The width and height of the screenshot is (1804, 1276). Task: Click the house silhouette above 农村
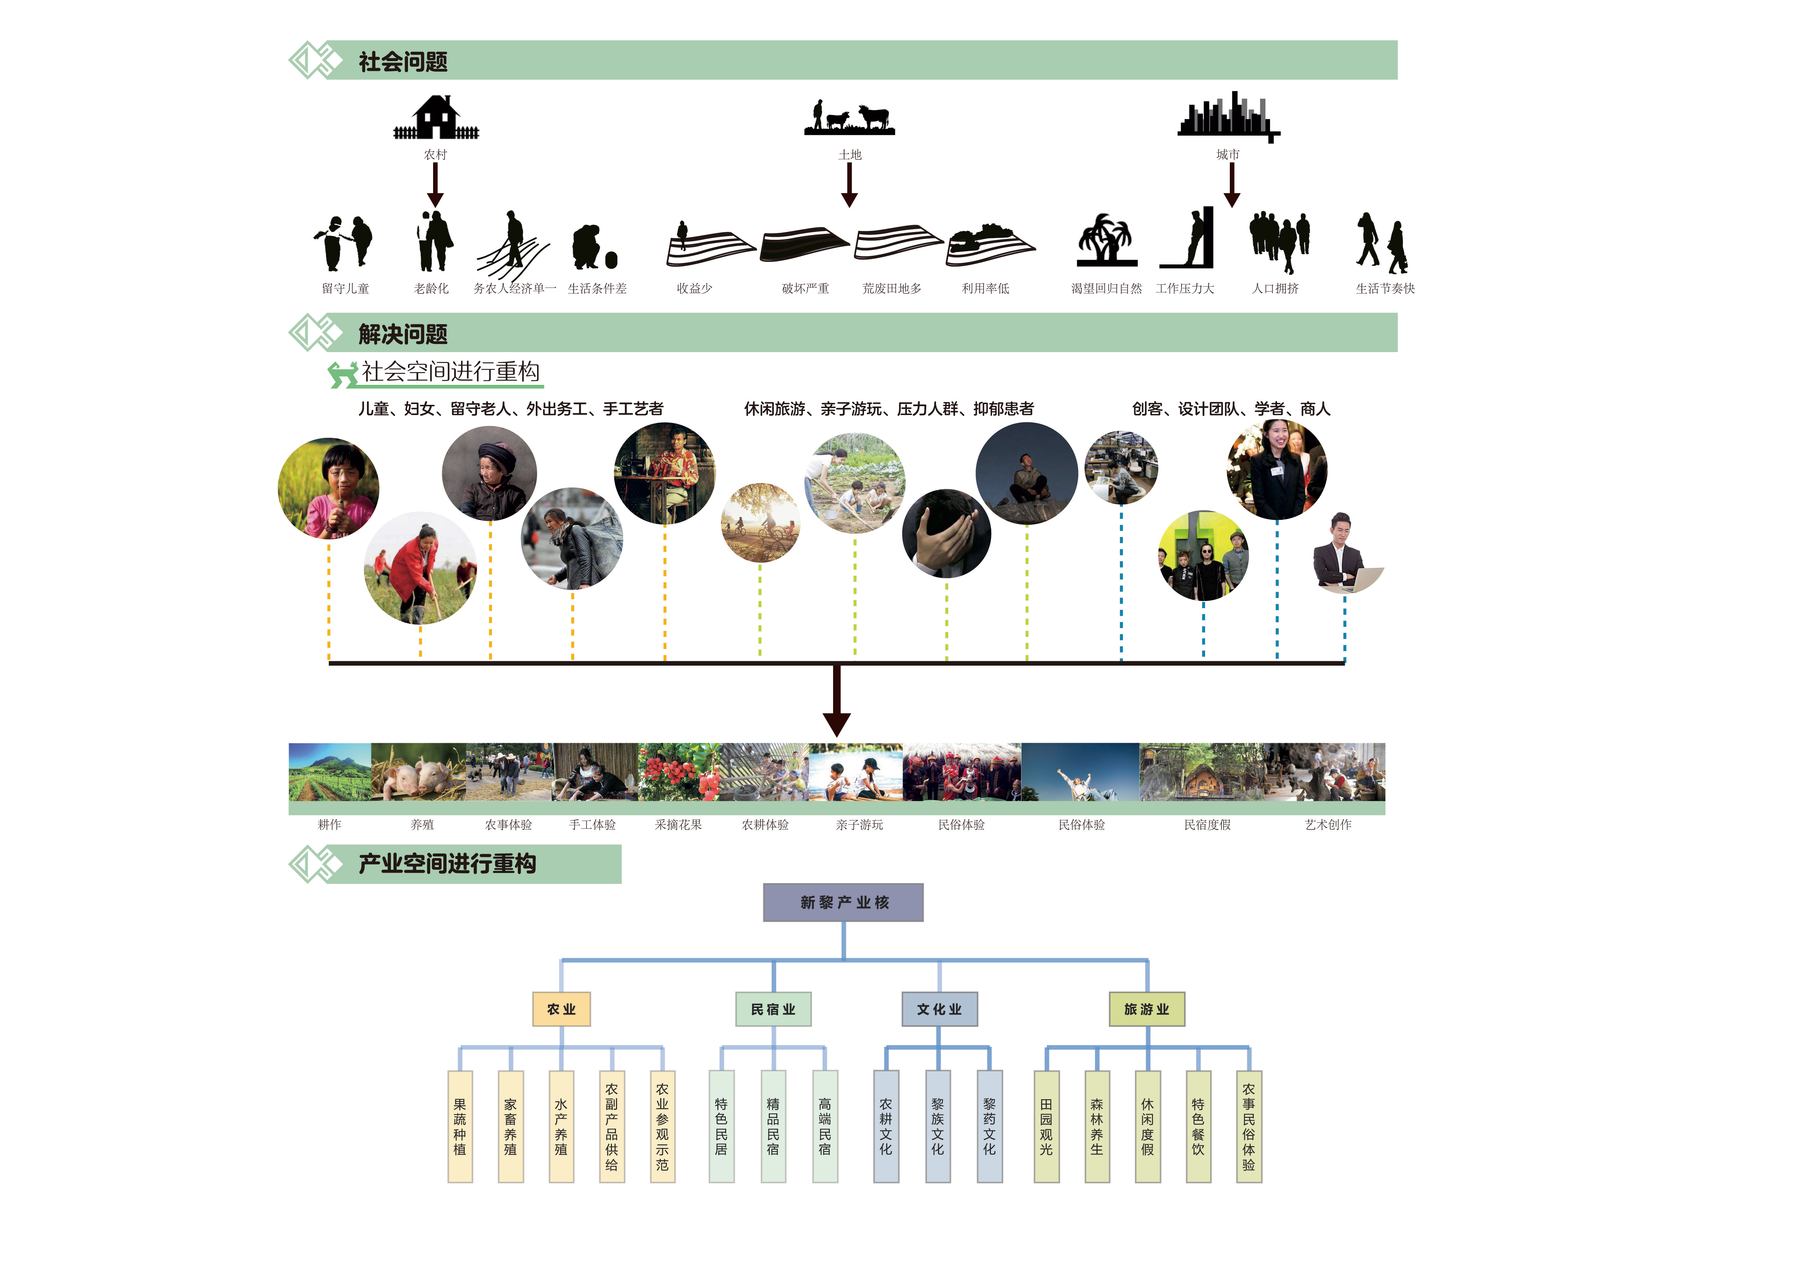436,118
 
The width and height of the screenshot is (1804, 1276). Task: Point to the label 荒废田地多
892,288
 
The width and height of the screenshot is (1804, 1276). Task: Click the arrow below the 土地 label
849,186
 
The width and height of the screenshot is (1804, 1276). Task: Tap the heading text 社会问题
403,62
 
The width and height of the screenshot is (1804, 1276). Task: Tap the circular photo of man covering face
947,534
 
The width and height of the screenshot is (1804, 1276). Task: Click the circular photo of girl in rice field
328,488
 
